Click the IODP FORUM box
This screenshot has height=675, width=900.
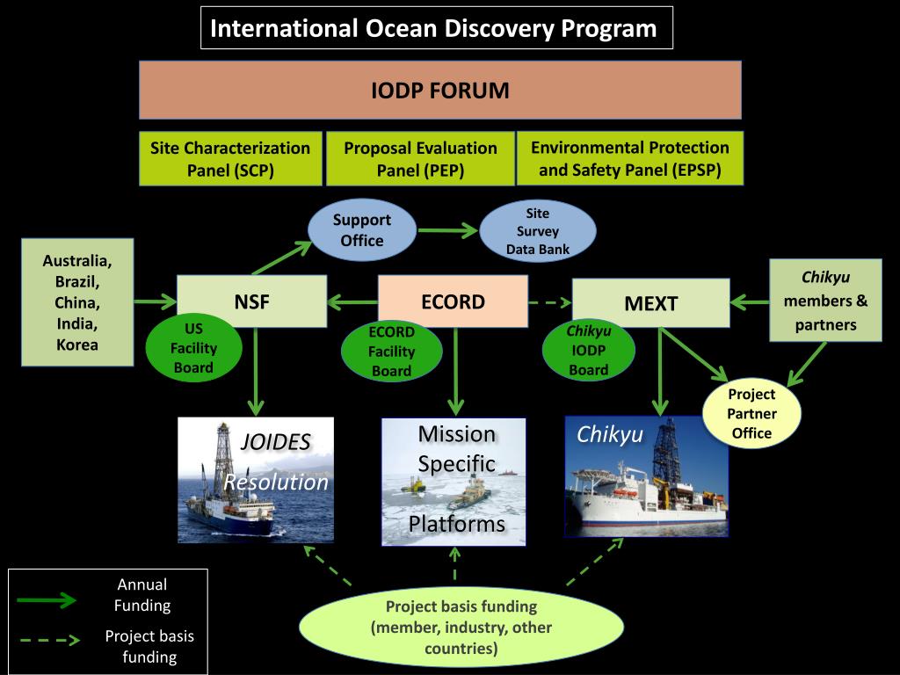[x=439, y=90]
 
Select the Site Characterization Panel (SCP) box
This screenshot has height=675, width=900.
[x=230, y=159]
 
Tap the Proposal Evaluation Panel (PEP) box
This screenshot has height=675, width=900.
[x=420, y=159]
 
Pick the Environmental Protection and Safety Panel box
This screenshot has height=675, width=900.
[x=629, y=158]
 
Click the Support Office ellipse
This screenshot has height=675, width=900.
[x=361, y=230]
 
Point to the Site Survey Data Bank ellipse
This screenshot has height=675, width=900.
[x=537, y=231]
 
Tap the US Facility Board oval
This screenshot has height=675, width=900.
[x=193, y=349]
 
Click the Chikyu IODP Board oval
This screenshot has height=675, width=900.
[x=588, y=351]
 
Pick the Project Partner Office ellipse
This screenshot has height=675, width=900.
[x=751, y=414]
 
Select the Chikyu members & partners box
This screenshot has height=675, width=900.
[x=825, y=301]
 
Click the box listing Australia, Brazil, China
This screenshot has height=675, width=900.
[x=77, y=302]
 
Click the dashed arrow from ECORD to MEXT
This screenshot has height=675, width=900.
[x=549, y=302]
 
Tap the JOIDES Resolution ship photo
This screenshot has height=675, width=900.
[x=256, y=480]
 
